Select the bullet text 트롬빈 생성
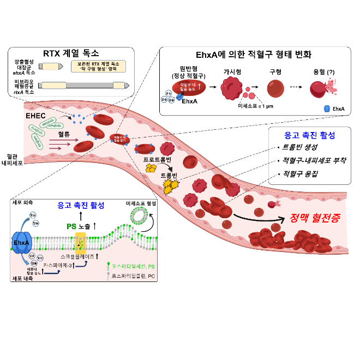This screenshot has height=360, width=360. (302, 148)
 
